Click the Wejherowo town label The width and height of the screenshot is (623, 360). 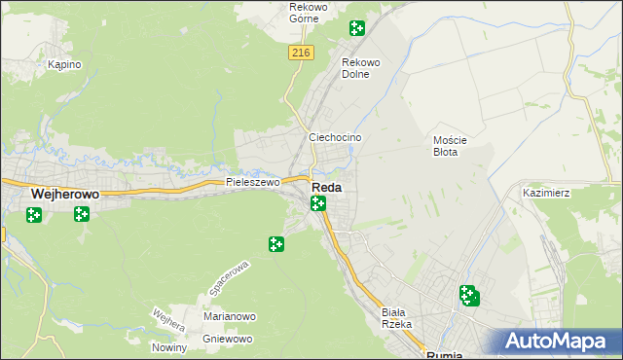point(65,195)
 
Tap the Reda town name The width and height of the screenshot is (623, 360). point(326,188)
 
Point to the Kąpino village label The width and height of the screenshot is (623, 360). point(64,64)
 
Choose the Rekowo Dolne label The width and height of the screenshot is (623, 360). point(360,68)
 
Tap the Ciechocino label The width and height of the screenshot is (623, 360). point(335,138)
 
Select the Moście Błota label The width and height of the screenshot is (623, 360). point(451,146)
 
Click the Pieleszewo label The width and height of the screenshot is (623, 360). point(252,182)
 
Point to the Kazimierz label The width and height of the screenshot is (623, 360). point(546,194)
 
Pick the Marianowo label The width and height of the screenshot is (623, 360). point(229,316)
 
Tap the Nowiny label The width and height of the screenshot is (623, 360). point(169,347)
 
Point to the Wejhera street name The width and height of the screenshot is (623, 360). point(168,320)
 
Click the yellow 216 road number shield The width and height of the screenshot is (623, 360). point(300,54)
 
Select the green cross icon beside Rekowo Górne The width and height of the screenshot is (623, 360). point(357,29)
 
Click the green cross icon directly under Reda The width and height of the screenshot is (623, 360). point(317,203)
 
